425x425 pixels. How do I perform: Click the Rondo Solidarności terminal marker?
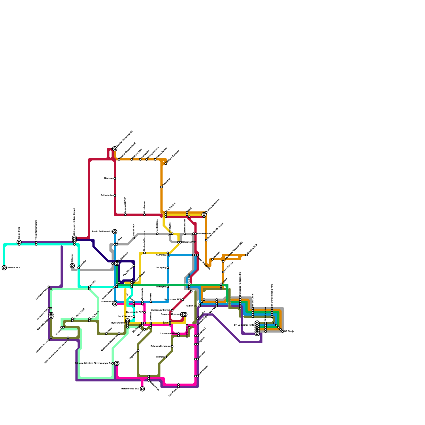115,232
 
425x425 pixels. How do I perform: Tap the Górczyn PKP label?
189,242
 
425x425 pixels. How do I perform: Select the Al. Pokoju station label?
161,255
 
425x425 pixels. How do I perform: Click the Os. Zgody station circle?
168,268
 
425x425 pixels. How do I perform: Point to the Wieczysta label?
161,287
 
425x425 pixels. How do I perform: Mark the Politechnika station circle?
115,195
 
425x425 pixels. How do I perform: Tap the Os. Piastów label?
171,207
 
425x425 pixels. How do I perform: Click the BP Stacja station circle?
283,331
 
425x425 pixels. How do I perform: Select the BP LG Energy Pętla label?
244,325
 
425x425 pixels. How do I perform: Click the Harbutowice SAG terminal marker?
142,389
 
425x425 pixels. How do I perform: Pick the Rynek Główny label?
118,323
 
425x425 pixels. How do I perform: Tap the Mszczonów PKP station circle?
183,300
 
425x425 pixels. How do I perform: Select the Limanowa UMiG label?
169,334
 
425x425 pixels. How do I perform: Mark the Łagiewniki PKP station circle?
125,215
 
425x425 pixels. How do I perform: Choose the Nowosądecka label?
204,234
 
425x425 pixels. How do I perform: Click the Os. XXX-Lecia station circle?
134,317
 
